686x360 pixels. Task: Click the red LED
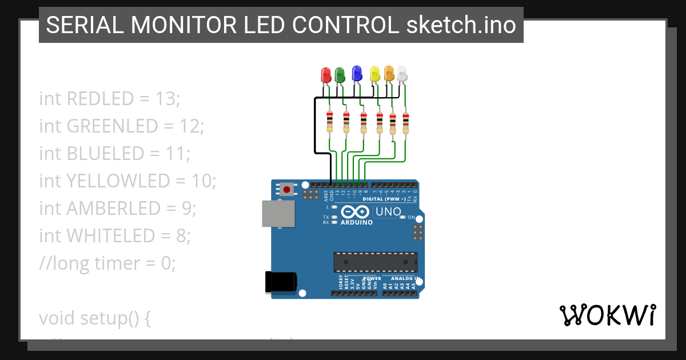pyautogui.click(x=326, y=75)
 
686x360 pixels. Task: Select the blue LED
pyautogui.click(x=357, y=73)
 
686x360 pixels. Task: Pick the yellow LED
pyautogui.click(x=375, y=74)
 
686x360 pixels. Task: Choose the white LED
pyautogui.click(x=402, y=74)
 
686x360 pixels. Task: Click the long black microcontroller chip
pyautogui.click(x=375, y=262)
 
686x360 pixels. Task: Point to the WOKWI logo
pyautogui.click(x=607, y=315)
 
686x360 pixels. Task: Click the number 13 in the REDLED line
pyautogui.click(x=167, y=99)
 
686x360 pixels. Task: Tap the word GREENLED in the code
pyautogui.click(x=112, y=126)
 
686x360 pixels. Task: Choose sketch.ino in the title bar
pyautogui.click(x=461, y=25)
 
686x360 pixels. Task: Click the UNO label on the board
pyautogui.click(x=388, y=212)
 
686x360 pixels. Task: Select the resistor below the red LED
pyautogui.click(x=329, y=122)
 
